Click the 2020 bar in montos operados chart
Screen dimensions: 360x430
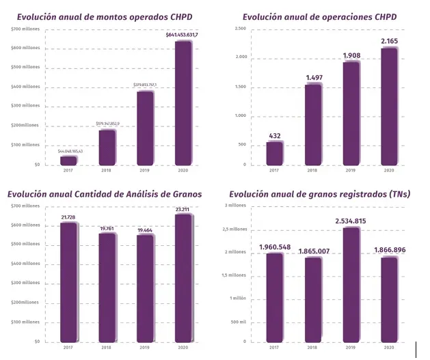(x=183, y=102)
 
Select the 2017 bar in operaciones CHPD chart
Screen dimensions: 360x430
(x=275, y=153)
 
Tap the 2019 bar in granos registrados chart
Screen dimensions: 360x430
(x=351, y=284)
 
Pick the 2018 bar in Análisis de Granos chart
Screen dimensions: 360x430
(x=107, y=287)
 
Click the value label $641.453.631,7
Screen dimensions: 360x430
(x=183, y=34)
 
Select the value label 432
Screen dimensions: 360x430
(x=275, y=135)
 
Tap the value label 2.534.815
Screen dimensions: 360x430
(x=351, y=221)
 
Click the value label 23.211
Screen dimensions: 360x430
(x=183, y=209)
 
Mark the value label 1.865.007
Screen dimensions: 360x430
(x=312, y=251)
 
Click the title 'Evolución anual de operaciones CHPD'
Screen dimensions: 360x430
(x=319, y=16)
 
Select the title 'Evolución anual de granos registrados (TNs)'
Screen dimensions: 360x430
(x=319, y=194)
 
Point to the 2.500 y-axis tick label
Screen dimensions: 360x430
(x=240, y=29)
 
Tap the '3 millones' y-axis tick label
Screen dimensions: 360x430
(x=235, y=206)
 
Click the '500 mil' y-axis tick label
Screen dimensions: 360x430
(x=237, y=322)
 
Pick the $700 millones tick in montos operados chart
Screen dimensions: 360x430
(x=25, y=29)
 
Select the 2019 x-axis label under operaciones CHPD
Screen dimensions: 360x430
(x=351, y=171)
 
